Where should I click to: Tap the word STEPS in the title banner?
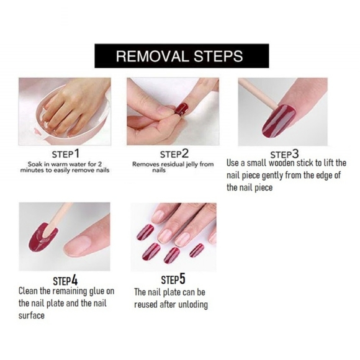point(218,56)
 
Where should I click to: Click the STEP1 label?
point(66,154)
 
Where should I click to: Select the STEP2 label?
point(174,154)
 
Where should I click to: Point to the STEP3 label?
point(284,155)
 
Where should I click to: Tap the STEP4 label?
point(65,281)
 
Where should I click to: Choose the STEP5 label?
point(173,279)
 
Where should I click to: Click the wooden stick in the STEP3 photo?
point(258,94)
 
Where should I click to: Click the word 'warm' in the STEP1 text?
point(60,164)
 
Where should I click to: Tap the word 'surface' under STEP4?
point(32,316)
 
